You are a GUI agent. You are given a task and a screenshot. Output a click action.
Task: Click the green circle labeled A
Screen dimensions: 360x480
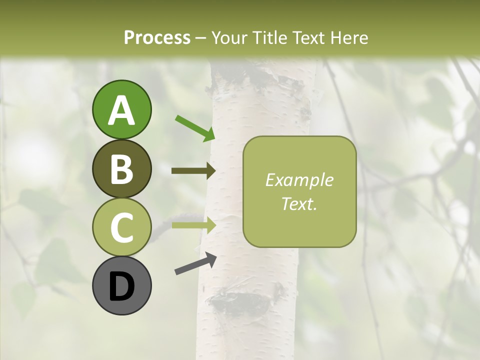click(121, 109)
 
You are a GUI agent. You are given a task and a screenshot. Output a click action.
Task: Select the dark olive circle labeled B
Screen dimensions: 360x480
click(121, 168)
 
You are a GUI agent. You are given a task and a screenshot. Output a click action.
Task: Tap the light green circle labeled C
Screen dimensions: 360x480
click(121, 227)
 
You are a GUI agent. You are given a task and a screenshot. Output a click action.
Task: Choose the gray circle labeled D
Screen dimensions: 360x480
click(121, 285)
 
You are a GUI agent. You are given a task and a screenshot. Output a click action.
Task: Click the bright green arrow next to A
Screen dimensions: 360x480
click(195, 128)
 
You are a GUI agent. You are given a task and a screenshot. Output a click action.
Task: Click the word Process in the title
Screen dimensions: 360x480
click(157, 37)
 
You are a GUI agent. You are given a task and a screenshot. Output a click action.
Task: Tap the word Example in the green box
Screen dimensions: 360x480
click(299, 180)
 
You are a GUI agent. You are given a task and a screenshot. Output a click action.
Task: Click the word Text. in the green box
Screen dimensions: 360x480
click(299, 203)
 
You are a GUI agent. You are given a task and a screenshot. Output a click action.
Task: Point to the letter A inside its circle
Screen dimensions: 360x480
click(121, 110)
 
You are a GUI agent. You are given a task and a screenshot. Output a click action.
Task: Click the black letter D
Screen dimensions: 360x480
click(121, 286)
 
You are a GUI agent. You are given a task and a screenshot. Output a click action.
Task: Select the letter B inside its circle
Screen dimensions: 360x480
click(121, 169)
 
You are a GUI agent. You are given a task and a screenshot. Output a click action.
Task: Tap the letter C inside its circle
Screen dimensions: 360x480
click(121, 227)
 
